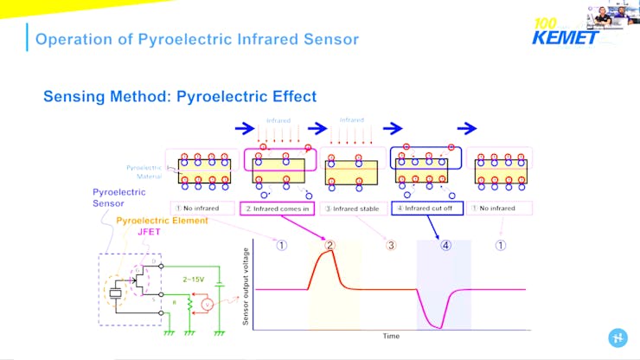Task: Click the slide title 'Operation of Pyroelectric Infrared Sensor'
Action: click(x=196, y=39)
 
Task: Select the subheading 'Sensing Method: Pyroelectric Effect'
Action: click(x=180, y=97)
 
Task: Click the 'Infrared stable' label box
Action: click(x=350, y=208)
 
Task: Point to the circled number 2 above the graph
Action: click(x=330, y=245)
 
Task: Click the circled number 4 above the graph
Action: click(x=445, y=245)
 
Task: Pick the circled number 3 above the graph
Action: click(x=391, y=245)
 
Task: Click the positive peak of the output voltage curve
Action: click(x=330, y=252)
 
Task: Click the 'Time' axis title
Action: click(x=391, y=336)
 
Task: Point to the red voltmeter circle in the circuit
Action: click(x=206, y=304)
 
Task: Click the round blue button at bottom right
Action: click(x=618, y=338)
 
